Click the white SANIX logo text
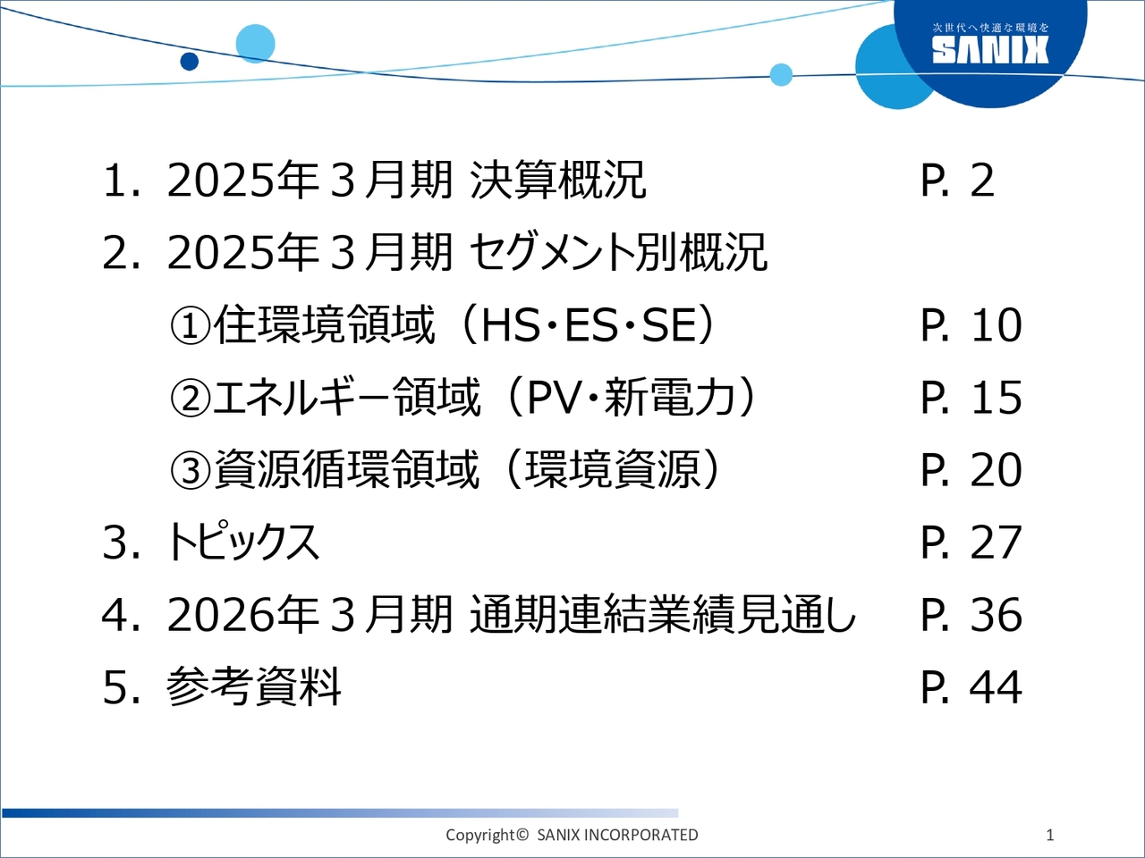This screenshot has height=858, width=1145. click(990, 51)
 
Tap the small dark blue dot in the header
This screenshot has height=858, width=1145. click(190, 62)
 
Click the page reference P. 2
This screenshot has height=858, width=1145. click(957, 181)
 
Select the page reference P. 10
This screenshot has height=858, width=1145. click(971, 325)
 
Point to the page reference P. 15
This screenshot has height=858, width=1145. click(971, 398)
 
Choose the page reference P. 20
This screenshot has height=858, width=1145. click(971, 470)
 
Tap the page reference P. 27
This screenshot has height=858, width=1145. click(971, 543)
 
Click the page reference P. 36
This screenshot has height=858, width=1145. click(971, 615)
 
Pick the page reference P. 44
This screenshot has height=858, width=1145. click(971, 687)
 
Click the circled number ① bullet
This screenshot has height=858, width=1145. click(191, 326)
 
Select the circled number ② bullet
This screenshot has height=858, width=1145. click(191, 399)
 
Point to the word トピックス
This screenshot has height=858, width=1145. click(242, 543)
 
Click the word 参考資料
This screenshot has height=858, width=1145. click(253, 687)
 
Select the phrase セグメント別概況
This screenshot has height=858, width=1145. click(618, 253)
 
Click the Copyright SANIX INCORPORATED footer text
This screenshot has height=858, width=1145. click(572, 835)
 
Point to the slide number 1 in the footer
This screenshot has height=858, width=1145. click(1050, 835)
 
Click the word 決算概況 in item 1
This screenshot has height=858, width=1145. click(558, 181)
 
